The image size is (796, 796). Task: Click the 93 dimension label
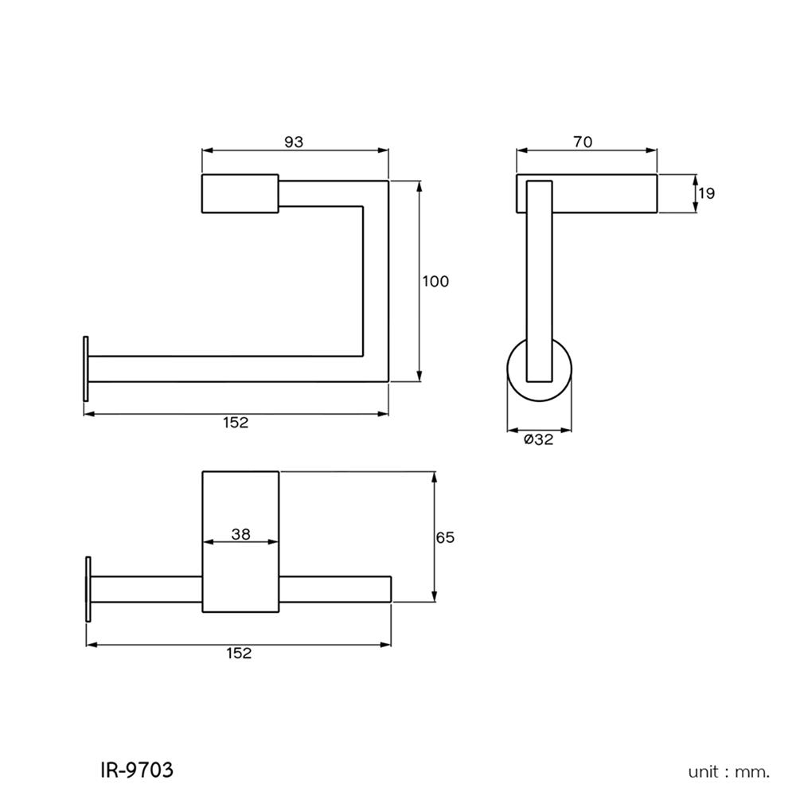click(294, 142)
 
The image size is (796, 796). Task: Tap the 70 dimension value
click(583, 142)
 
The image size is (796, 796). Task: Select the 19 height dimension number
click(706, 193)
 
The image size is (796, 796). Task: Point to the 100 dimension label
click(435, 281)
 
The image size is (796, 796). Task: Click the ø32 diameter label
click(538, 440)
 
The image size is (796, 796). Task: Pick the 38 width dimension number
click(240, 534)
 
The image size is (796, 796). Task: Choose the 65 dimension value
click(445, 537)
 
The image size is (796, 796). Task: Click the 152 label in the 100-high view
click(236, 423)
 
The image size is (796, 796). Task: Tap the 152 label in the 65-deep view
click(238, 653)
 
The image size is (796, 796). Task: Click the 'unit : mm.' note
click(729, 771)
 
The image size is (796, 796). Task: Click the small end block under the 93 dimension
click(240, 193)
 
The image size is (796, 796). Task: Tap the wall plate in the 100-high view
click(84, 369)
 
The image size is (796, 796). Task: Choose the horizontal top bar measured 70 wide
click(605, 193)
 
